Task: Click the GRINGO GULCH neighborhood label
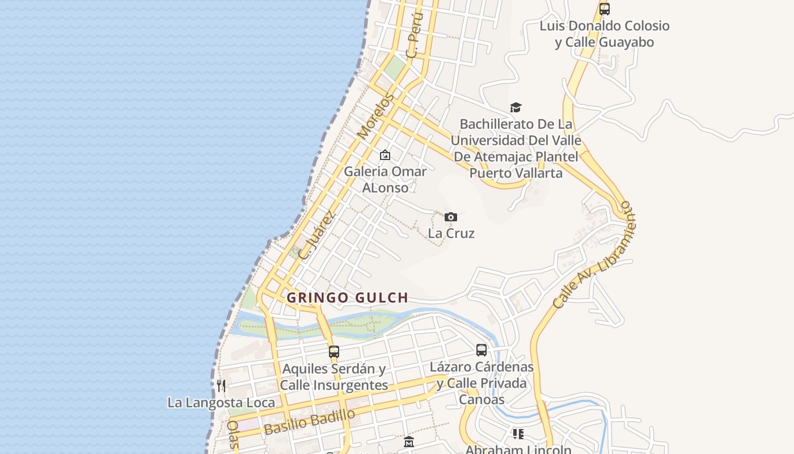click(x=347, y=297)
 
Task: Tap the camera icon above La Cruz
click(x=451, y=217)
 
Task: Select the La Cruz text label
click(x=451, y=233)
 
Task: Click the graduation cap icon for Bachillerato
click(x=516, y=107)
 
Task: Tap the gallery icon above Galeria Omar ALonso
click(x=385, y=155)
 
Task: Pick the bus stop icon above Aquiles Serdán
click(x=334, y=351)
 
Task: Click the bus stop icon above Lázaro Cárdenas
click(x=482, y=350)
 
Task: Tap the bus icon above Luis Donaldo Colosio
click(x=605, y=9)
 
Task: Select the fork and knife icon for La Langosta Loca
click(x=221, y=386)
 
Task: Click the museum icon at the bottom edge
click(x=409, y=442)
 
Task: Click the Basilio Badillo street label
click(x=310, y=421)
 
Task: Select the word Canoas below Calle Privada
click(x=482, y=400)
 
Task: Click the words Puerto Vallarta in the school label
click(x=516, y=173)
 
